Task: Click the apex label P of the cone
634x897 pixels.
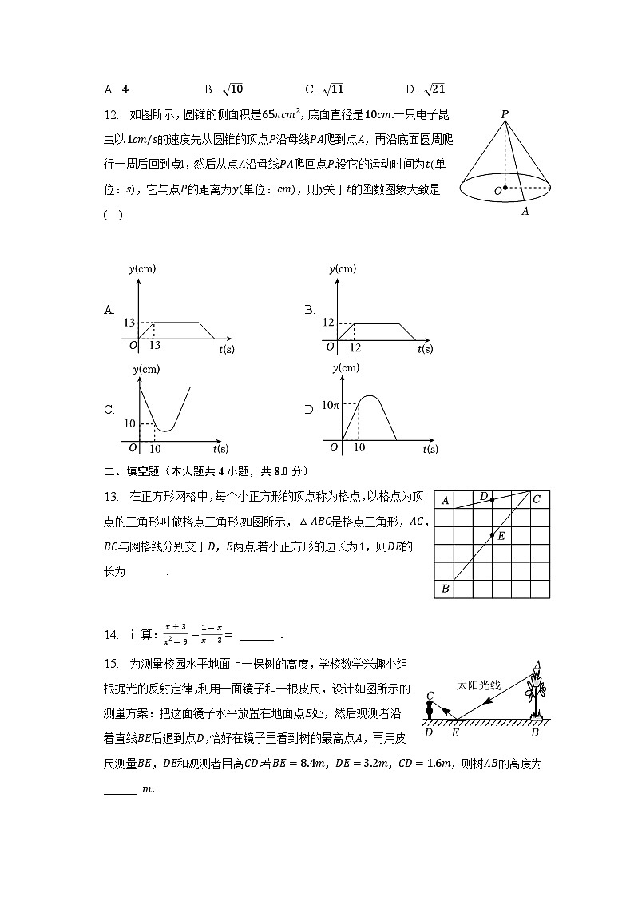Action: [x=505, y=114]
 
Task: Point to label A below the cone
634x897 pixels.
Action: [x=525, y=212]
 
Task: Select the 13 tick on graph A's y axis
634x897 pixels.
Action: [x=128, y=323]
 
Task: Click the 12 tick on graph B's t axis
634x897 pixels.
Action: [x=355, y=348]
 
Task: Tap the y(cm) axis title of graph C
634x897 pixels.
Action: [x=145, y=369]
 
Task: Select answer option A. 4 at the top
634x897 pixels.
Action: [x=117, y=89]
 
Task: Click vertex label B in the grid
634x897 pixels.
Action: [x=445, y=589]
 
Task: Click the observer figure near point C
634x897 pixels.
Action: [x=430, y=707]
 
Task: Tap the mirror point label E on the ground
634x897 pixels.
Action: [x=455, y=732]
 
